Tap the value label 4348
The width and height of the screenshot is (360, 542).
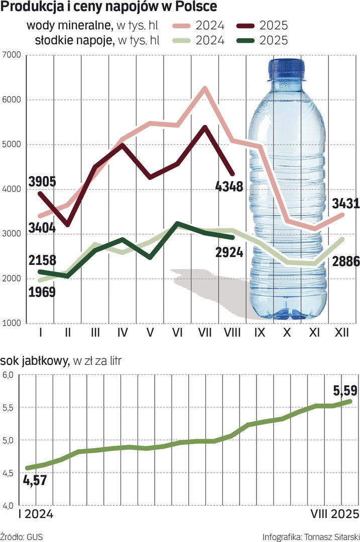[x=229, y=187]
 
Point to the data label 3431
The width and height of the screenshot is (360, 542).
[x=345, y=204]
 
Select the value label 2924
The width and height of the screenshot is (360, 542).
[x=228, y=252]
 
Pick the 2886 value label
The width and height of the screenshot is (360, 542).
[x=345, y=261]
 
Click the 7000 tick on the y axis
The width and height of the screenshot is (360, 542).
[x=11, y=55]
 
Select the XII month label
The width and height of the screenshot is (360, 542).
[x=342, y=332]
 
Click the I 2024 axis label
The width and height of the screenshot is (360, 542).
[x=36, y=514]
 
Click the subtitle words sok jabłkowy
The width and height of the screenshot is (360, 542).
[x=35, y=361]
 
